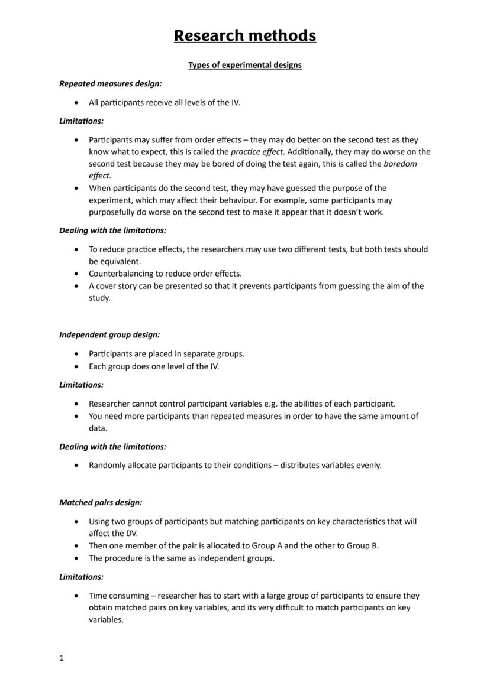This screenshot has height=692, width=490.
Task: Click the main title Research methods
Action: click(x=244, y=35)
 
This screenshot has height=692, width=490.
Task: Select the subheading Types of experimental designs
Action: click(x=244, y=65)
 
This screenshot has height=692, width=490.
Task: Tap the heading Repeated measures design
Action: click(x=110, y=84)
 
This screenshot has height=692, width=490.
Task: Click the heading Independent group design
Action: click(x=109, y=335)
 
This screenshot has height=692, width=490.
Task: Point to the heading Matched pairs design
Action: click(x=101, y=503)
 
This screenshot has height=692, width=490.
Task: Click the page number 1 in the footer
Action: click(x=62, y=658)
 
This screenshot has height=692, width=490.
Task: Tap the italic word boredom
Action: click(x=400, y=164)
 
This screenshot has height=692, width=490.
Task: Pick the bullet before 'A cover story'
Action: click(x=76, y=286)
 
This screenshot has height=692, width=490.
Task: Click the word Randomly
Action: click(x=107, y=466)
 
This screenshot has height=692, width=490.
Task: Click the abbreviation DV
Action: click(x=131, y=533)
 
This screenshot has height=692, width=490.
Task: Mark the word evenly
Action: click(x=368, y=466)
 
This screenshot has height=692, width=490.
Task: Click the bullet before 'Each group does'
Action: click(x=76, y=366)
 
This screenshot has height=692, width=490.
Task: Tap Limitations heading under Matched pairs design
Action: click(x=81, y=577)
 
